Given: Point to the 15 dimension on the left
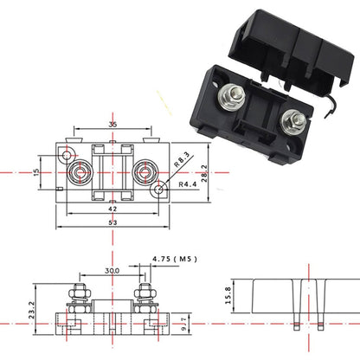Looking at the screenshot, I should point(35,171).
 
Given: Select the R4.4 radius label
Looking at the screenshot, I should point(188,184).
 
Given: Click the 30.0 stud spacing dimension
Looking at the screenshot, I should point(111,270).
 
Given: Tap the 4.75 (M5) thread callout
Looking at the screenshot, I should point(171,259).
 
